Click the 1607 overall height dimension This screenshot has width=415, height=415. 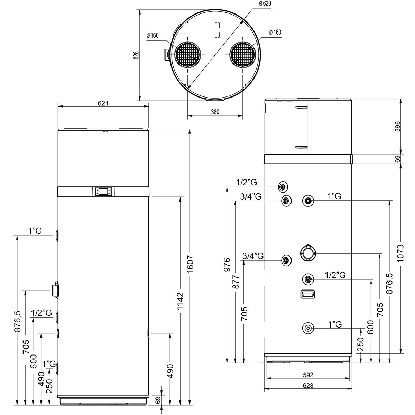[190, 264]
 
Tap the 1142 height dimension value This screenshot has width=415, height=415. [180, 301]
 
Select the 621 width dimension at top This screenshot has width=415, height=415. [103, 103]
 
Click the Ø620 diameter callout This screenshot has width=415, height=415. [265, 4]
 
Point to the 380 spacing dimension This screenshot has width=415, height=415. [215, 112]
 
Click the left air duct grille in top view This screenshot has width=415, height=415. [187, 55]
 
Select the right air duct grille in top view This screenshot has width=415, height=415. [243, 55]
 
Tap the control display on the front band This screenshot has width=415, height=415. [103, 192]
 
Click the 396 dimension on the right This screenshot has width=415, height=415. [398, 127]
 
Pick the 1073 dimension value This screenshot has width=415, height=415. [400, 253]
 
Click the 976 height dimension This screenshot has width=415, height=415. [227, 265]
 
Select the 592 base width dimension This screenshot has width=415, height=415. [308, 375]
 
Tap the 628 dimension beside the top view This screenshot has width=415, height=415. [136, 55]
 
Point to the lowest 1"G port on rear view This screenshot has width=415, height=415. [308, 328]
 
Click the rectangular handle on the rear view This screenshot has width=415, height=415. [308, 294]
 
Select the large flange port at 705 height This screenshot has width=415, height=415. [308, 253]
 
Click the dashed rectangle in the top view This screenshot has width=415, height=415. [218, 30]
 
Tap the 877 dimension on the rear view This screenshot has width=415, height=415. [236, 282]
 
